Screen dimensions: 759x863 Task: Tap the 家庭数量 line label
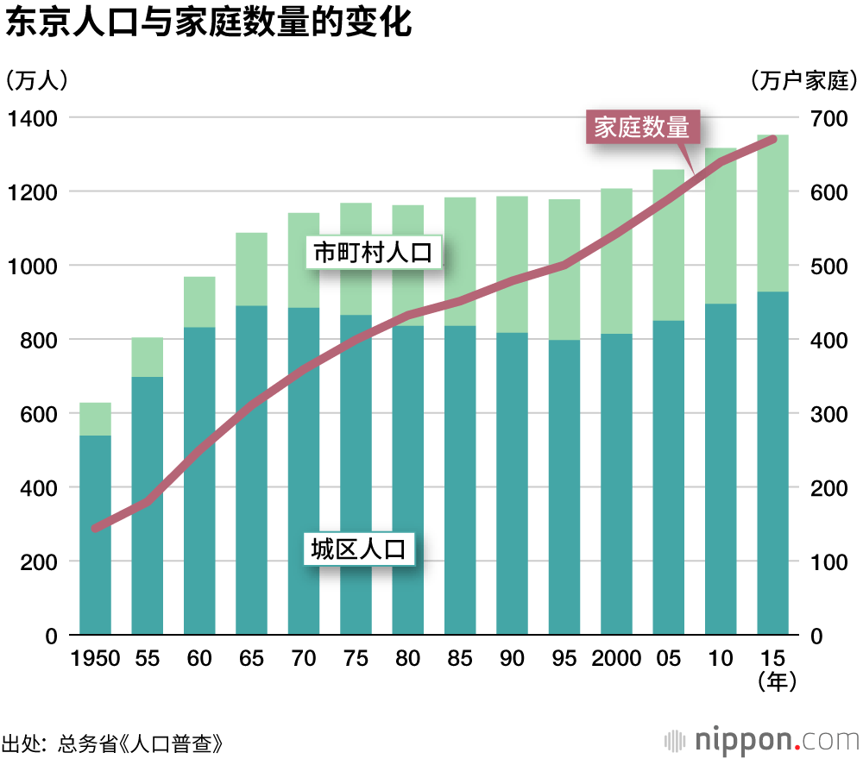point(642,128)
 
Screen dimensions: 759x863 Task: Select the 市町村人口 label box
point(373,253)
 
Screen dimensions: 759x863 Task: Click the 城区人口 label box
point(358,549)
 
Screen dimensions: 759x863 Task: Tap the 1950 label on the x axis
point(95,659)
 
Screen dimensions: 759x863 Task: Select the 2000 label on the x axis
point(616,659)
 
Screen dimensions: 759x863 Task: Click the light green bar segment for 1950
point(95,419)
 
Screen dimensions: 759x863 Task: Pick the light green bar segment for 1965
point(251,269)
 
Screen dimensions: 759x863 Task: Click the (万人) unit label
point(35,80)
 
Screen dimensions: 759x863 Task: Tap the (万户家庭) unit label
point(803,81)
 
